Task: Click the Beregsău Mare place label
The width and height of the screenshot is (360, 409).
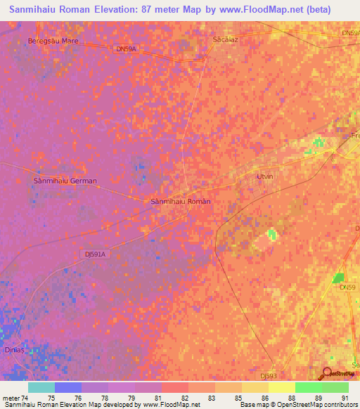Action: pos(53,41)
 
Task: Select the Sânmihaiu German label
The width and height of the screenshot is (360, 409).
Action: pos(65,181)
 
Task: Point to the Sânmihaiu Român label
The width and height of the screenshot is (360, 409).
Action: pos(181,201)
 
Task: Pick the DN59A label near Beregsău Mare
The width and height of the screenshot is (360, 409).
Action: pos(124,48)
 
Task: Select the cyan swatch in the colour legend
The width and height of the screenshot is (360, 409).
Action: pos(41,387)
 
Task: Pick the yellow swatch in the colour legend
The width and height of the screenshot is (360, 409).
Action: pos(281,387)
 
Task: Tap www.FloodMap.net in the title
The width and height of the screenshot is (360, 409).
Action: pos(266,10)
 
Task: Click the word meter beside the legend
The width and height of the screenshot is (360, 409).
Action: pos(11,398)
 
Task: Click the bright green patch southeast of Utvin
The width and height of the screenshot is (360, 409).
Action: pos(271,235)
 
